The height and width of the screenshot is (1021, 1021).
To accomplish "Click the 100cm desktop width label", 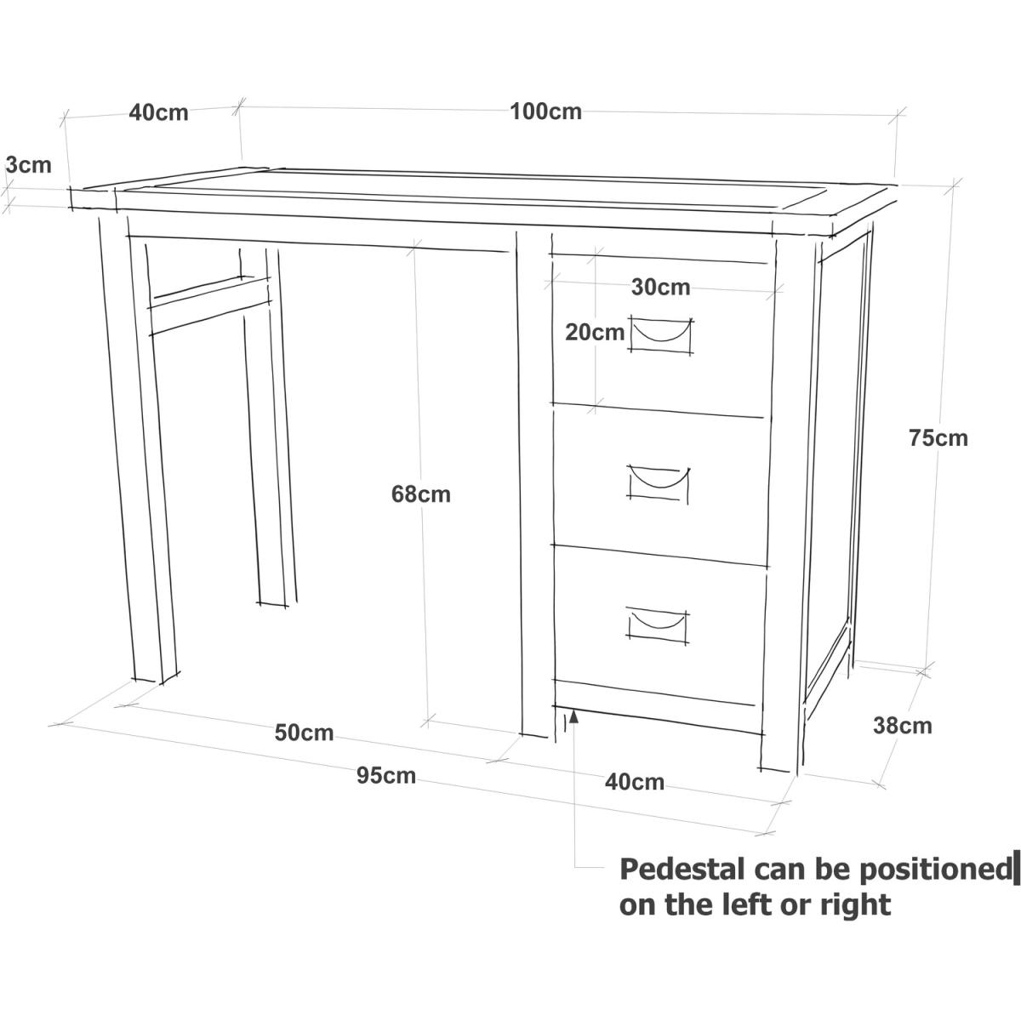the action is tap(545, 111).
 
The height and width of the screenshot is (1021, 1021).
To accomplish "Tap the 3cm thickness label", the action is tap(29, 165).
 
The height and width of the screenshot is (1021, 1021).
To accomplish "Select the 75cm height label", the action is tap(938, 438).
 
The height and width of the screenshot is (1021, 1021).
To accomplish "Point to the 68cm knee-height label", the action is tap(420, 494).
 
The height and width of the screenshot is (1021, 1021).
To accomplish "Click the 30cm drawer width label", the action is tap(661, 288).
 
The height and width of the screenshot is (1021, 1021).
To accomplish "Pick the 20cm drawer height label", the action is tap(595, 333).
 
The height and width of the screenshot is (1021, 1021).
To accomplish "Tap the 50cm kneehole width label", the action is tap(304, 733).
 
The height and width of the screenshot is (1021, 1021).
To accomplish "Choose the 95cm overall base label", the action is tap(385, 776).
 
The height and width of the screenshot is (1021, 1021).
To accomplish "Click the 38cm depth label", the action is tap(903, 726).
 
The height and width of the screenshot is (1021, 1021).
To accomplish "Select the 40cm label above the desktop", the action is tap(158, 113).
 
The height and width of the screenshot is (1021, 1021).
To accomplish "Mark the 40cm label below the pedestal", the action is tap(634, 782).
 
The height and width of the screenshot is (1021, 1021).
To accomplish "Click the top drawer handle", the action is tap(660, 334).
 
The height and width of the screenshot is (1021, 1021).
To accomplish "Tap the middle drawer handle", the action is tap(658, 482).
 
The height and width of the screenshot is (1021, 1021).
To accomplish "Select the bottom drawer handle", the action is tap(657, 625).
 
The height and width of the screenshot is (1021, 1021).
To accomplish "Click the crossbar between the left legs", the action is tap(210, 305).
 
